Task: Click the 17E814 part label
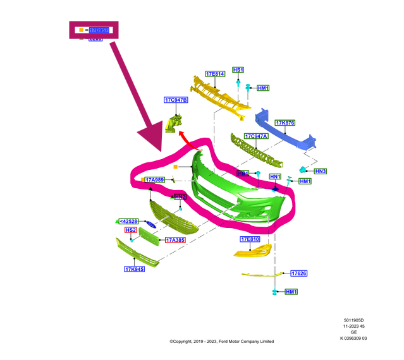point(215,74)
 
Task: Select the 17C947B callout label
point(176,100)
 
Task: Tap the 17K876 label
point(285,123)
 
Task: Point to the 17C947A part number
point(256,136)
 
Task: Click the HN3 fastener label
point(320,171)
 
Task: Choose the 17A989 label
point(155,180)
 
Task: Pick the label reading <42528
point(128,221)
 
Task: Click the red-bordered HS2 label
point(130,231)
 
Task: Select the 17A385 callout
point(175,240)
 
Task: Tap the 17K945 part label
point(134,270)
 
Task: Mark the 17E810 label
point(250,239)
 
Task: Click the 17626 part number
point(298,273)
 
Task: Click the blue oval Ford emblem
point(151,225)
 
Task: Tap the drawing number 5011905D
point(353,320)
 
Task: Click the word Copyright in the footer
point(185,342)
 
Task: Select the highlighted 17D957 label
point(99,30)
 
